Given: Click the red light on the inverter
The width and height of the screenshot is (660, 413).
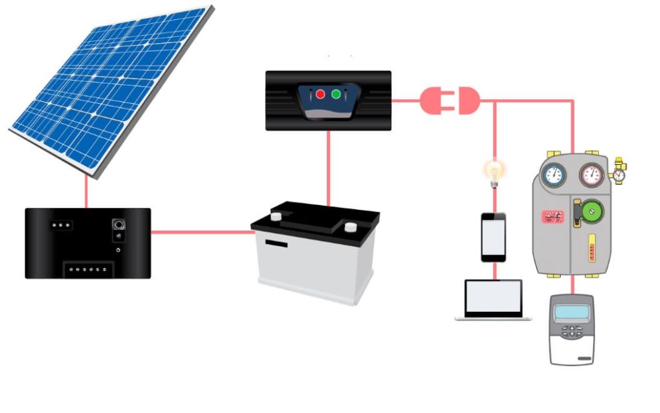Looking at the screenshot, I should (x=320, y=95).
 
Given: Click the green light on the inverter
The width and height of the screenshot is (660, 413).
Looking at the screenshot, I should (x=336, y=95).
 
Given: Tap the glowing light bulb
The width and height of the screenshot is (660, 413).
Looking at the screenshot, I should (x=494, y=171).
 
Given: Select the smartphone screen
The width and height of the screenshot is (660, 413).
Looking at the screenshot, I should (x=494, y=236).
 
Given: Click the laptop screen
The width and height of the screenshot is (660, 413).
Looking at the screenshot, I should (x=494, y=296).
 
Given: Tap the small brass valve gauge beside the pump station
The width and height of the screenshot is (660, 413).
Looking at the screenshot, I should (x=619, y=175).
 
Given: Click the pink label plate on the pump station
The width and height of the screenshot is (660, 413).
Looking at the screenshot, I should (x=552, y=216).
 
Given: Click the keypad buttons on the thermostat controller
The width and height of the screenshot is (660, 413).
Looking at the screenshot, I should (x=570, y=332).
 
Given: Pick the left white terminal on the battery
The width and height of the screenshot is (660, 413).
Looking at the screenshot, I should (x=276, y=216).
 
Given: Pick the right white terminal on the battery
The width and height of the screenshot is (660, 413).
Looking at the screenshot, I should (x=350, y=228).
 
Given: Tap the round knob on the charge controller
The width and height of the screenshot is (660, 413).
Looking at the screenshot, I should (x=119, y=225).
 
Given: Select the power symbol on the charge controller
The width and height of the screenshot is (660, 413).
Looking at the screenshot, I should (x=119, y=249).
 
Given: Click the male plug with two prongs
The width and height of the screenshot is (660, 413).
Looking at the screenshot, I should (x=433, y=101).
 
